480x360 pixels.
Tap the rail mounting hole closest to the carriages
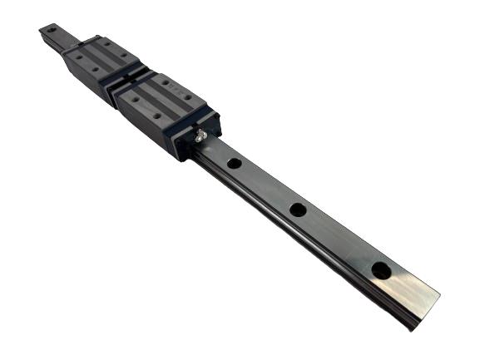[x=235, y=164]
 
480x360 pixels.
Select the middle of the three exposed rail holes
[x=297, y=210]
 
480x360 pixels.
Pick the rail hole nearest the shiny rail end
[x=380, y=270]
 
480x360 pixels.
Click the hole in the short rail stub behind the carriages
[x=51, y=30]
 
